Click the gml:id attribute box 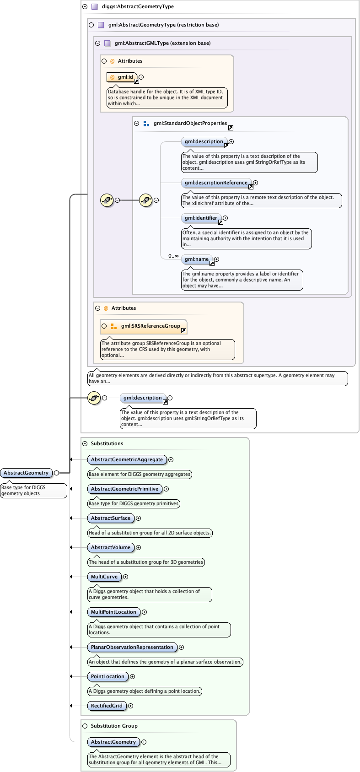122,77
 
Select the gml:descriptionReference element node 216,183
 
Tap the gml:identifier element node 201,218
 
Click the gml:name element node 197,259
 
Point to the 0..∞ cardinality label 173,256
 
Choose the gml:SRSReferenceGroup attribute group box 144,326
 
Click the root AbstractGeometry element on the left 26,473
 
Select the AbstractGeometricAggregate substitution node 127,460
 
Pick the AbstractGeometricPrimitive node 124,489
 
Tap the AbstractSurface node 111,518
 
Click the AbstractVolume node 111,548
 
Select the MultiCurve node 104,577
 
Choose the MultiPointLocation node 113,612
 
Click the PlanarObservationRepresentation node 132,648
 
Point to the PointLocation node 107,677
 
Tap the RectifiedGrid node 107,706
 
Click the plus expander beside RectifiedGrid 131,706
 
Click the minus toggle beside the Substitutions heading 85,443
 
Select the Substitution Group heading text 114,726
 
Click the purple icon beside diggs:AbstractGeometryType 95,7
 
